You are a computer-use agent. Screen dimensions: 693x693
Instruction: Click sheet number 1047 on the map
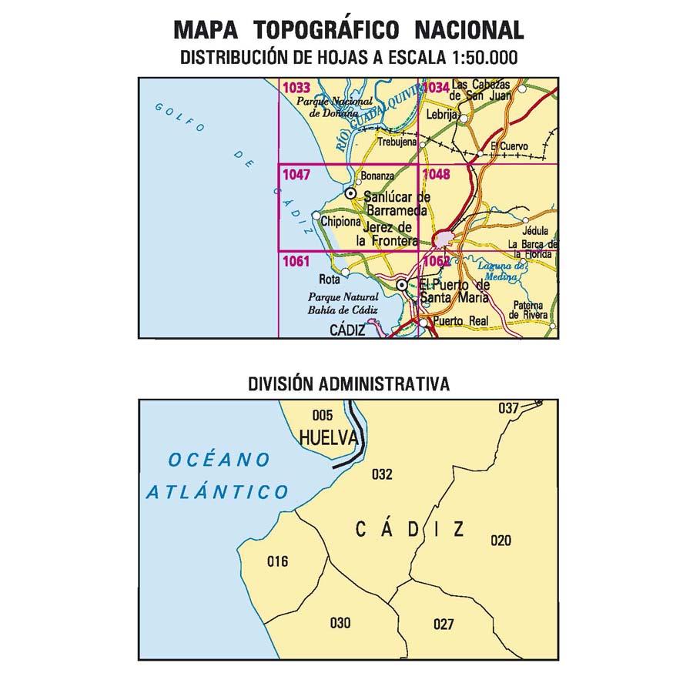point(296,175)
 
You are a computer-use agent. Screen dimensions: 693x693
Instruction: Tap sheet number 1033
point(296,88)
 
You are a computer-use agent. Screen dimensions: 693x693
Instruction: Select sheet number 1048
point(436,175)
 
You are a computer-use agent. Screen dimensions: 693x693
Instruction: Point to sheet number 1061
point(296,262)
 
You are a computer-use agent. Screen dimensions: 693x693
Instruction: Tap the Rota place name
point(329,280)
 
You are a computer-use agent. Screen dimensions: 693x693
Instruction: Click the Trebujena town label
point(397,142)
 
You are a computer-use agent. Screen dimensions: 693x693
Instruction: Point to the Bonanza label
point(377,176)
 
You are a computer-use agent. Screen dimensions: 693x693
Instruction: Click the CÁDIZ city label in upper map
point(346,329)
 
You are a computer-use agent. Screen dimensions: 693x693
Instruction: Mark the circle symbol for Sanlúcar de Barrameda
point(350,194)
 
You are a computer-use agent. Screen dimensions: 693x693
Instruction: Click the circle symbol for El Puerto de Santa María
point(402,286)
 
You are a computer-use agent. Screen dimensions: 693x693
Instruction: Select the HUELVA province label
point(328,438)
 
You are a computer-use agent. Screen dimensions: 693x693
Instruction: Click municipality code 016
point(277,561)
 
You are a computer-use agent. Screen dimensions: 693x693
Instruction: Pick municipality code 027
point(444,624)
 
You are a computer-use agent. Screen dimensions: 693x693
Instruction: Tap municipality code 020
point(500,541)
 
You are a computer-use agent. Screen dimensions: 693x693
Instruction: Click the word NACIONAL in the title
point(470,30)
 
